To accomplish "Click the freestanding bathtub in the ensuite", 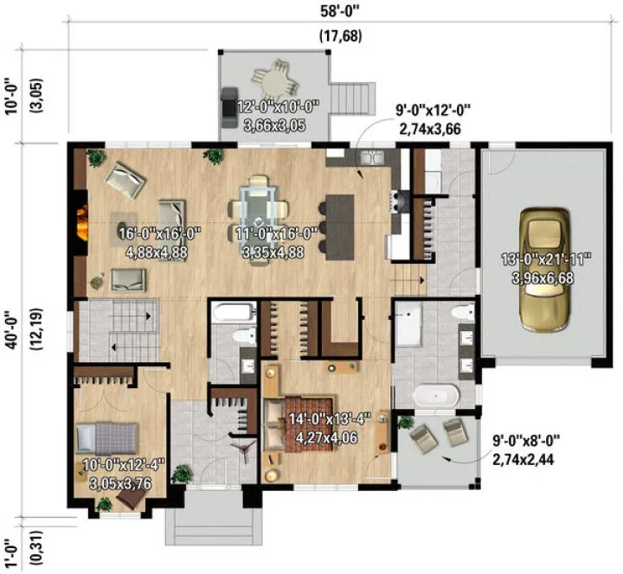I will click(434, 396).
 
